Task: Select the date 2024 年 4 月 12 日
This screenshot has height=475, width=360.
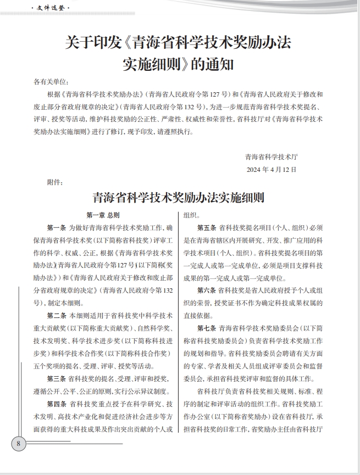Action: click(x=272, y=169)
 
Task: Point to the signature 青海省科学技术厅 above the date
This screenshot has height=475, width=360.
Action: click(x=272, y=157)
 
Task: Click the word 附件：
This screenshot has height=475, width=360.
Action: click(x=56, y=183)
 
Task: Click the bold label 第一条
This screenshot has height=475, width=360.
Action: click(x=56, y=227)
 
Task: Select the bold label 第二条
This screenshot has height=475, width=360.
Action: click(x=56, y=316)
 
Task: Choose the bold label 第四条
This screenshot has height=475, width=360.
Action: click(x=56, y=404)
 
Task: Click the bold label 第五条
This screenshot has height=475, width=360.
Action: click(x=207, y=227)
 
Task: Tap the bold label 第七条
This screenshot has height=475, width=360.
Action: click(x=207, y=328)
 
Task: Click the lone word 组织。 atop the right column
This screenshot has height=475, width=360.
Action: click(x=192, y=215)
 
